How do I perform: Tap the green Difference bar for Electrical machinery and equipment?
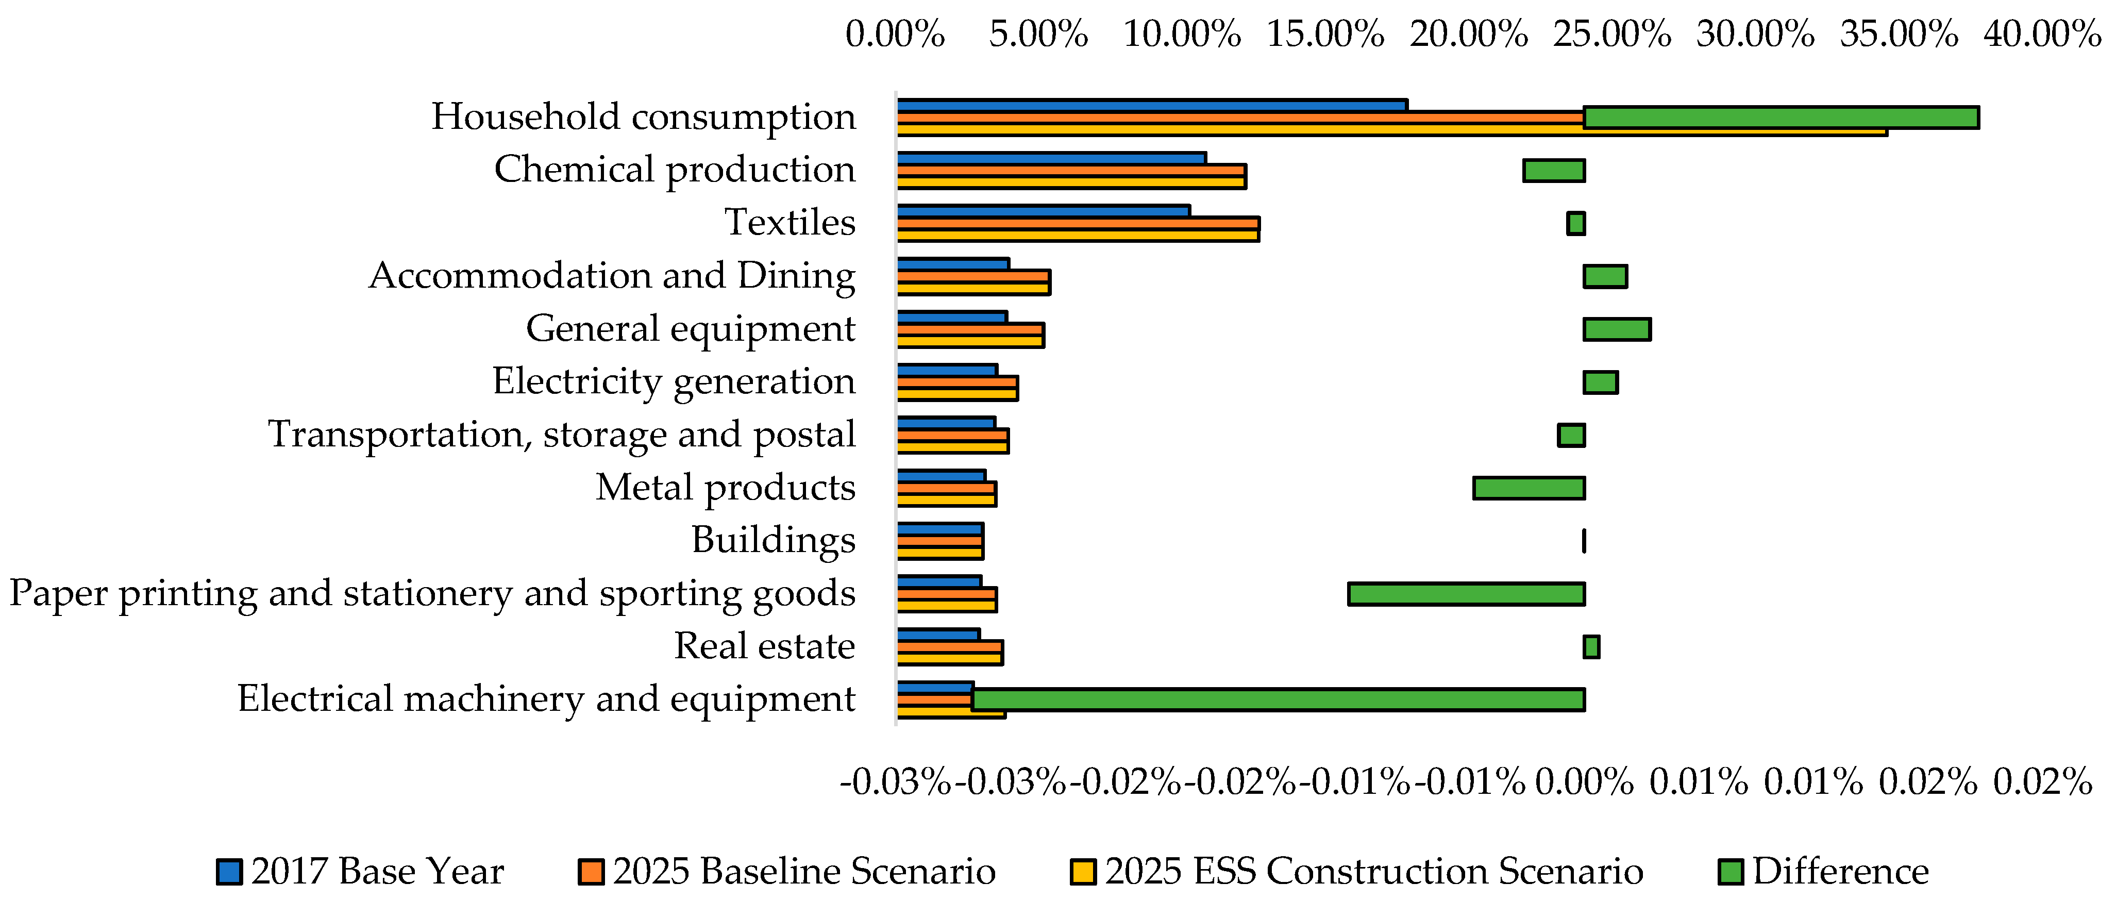[1278, 699]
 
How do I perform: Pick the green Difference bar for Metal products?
[1528, 488]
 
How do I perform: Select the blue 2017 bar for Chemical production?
[1051, 158]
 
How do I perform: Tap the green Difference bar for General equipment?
[1617, 329]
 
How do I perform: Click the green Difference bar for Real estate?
[1591, 647]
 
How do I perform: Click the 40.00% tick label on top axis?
[2042, 35]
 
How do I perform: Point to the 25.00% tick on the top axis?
[1611, 35]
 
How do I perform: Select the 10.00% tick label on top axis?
[1181, 35]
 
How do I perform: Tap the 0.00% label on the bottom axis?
[1584, 781]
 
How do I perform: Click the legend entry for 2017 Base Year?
[361, 871]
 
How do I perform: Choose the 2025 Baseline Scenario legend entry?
[787, 871]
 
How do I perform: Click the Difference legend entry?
[1824, 871]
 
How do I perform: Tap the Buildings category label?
[773, 540]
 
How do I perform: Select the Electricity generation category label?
[674, 381]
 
